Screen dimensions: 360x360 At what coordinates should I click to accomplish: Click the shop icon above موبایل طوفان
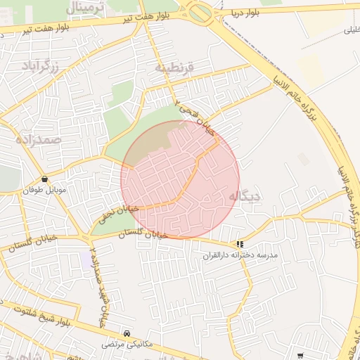(45, 179)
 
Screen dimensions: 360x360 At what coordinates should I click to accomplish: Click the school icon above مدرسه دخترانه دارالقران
(240, 245)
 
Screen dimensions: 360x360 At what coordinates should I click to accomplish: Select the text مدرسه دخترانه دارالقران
(240, 256)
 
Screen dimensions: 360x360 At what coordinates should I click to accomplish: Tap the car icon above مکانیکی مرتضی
(127, 333)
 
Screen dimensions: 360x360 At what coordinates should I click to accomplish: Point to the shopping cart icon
(301, 356)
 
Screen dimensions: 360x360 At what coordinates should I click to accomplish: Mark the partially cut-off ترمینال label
(89, 6)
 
